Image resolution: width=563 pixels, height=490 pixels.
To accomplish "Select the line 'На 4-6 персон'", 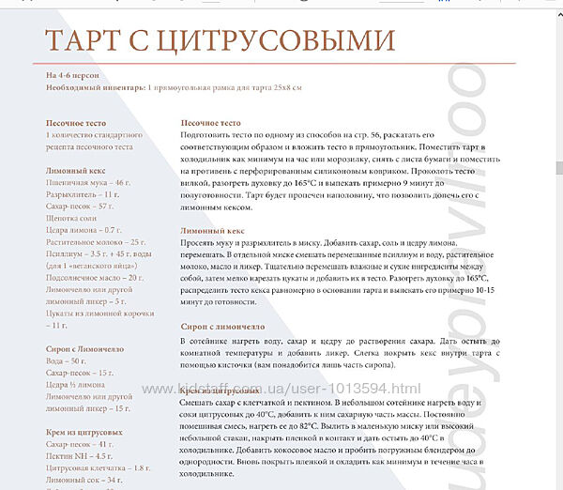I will tap(72, 73).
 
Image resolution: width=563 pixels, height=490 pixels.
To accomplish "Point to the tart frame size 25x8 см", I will tap(279, 86).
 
